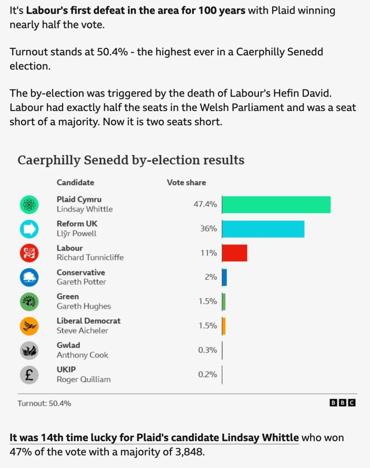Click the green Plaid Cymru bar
pyautogui.click(x=276, y=204)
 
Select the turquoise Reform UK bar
pyautogui.click(x=263, y=229)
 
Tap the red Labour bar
pyautogui.click(x=235, y=253)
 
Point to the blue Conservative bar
pyautogui.click(x=225, y=277)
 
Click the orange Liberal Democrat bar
pyautogui.click(x=224, y=325)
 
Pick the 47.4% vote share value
pyautogui.click(x=205, y=204)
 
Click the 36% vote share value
pyautogui.click(x=209, y=229)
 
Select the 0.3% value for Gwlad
pyautogui.click(x=208, y=350)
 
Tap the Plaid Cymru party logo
pyautogui.click(x=29, y=204)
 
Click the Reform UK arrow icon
pyautogui.click(x=29, y=229)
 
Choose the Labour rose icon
pyautogui.click(x=29, y=253)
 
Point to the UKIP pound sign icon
pyautogui.click(x=29, y=375)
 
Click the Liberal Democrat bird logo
pyautogui.click(x=29, y=326)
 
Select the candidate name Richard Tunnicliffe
pyautogui.click(x=90, y=257)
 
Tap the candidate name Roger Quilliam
pyautogui.click(x=84, y=379)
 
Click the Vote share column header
pyautogui.click(x=186, y=182)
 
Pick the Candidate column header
pyautogui.click(x=75, y=182)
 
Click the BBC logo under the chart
pyautogui.click(x=343, y=403)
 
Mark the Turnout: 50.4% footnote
pyautogui.click(x=44, y=404)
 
